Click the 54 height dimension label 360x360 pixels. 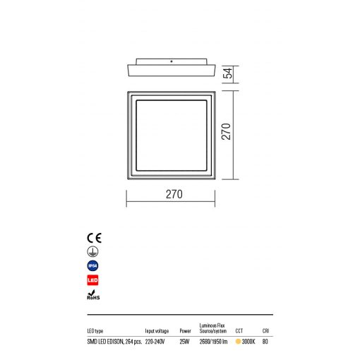[x=227, y=73]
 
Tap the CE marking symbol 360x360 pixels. [x=92, y=236]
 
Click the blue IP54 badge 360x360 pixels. [x=92, y=265]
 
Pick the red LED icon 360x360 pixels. [x=92, y=281]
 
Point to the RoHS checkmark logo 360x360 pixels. [x=92, y=296]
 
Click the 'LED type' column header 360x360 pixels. [x=95, y=330]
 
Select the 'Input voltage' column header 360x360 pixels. [x=157, y=330]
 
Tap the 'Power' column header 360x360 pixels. [x=186, y=330]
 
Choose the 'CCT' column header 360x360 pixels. [x=239, y=330]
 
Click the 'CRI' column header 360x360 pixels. [x=265, y=330]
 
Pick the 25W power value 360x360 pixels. [x=185, y=342]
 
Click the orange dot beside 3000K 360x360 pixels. [x=239, y=342]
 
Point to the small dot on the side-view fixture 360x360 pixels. [x=172, y=61]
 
